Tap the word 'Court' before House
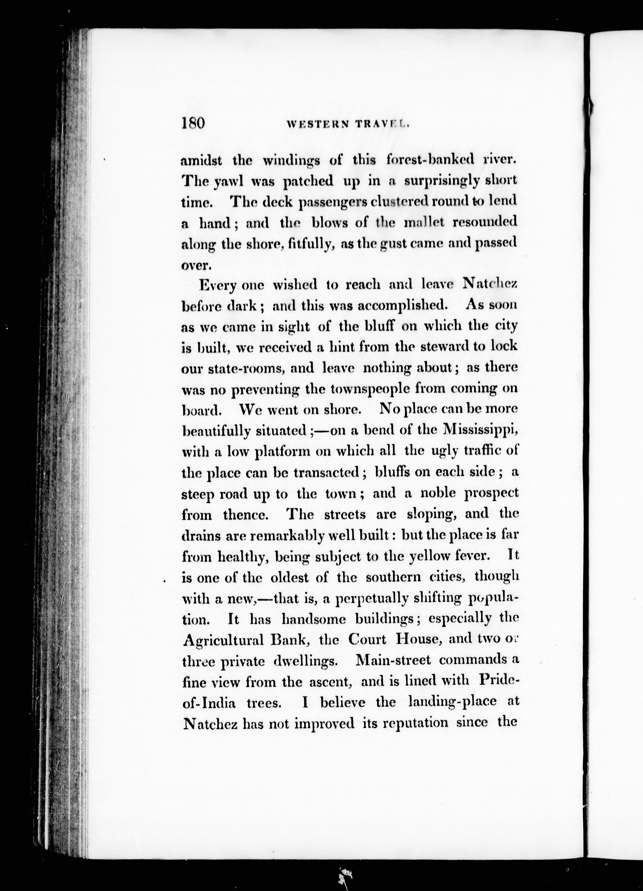pyautogui.click(x=367, y=639)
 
